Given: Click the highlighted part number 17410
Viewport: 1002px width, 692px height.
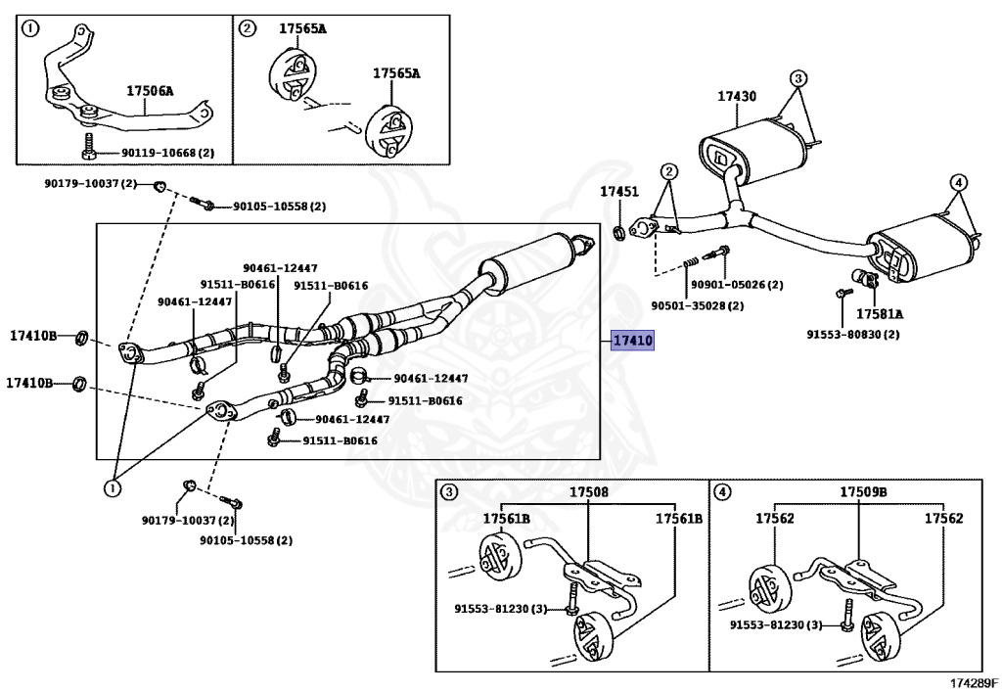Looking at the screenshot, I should coord(632,341).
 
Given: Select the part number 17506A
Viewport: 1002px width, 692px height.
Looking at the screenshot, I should coord(149,91).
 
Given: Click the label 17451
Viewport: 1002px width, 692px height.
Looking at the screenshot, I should coord(618,192).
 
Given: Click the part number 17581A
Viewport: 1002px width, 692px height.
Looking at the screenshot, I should coord(880,314).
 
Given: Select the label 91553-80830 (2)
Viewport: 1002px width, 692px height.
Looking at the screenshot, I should coord(853,334).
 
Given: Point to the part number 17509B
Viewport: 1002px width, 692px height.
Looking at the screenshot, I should coord(862,492).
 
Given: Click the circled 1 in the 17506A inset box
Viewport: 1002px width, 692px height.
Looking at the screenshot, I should coord(31,28).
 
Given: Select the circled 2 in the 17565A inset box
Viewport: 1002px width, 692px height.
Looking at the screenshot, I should coord(248,28).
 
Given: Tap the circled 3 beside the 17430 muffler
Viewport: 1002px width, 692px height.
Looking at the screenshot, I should coord(797,77).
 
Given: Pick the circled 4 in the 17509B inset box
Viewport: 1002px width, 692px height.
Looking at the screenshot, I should coord(722,492).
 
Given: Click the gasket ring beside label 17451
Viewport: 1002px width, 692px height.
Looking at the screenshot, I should coord(619,232).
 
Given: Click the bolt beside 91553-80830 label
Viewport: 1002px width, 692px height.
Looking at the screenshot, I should coord(840,294).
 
